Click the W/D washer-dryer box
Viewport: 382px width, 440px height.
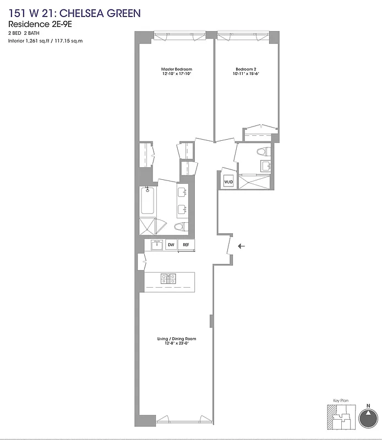click(228, 182)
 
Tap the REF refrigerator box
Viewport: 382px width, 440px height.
click(186, 245)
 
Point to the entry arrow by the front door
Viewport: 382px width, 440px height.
click(242, 246)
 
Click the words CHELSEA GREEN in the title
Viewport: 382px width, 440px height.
click(94, 13)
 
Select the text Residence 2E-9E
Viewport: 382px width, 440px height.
click(37, 25)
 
